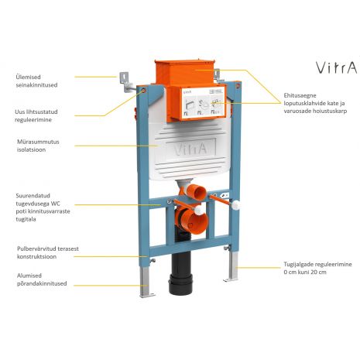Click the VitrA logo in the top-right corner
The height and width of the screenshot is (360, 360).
pos(337,67)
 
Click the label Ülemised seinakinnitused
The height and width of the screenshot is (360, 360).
pos(36,81)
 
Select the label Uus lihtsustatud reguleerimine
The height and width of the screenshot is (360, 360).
pos(36,115)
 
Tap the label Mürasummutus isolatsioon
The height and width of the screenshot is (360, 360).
pos(38,146)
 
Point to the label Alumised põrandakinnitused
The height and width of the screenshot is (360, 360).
pos(42,279)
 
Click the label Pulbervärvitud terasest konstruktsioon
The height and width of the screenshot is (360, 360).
pos(48,252)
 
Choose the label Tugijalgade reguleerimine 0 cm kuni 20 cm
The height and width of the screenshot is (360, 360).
pos(317,268)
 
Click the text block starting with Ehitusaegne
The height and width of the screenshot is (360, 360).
pos(315,103)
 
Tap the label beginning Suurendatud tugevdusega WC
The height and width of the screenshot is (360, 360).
pos(43,207)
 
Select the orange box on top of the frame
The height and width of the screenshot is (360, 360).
pos(185,72)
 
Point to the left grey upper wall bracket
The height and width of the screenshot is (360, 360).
pos(126,81)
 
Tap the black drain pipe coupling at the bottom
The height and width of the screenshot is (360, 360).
pos(180,284)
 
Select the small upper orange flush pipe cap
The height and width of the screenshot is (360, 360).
pos(197,192)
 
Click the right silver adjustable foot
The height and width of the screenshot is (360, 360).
pos(232,266)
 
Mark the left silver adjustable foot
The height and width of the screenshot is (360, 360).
pos(146,281)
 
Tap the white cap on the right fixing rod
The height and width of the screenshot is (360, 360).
pos(235,205)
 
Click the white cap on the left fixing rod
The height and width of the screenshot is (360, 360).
pos(198,210)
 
